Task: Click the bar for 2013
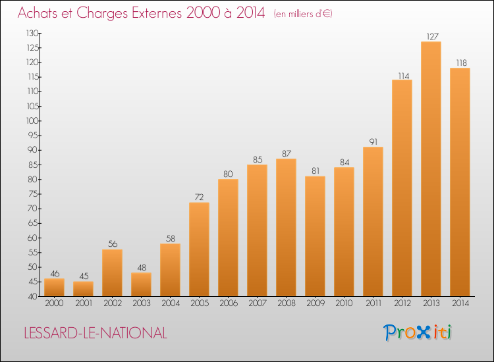[431, 168]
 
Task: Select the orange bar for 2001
[83, 289]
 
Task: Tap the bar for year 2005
[199, 249]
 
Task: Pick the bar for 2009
[315, 236]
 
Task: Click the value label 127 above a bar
[432, 36]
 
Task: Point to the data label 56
[113, 244]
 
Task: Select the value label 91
[373, 142]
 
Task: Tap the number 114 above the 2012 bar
[404, 76]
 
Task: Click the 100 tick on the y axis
[32, 121]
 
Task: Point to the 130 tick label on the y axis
[32, 33]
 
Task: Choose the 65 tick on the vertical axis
[33, 223]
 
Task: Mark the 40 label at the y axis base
[33, 297]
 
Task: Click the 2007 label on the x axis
[258, 303]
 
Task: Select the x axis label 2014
[460, 303]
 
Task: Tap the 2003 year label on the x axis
[142, 303]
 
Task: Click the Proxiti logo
[418, 332]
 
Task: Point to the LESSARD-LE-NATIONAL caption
[96, 333]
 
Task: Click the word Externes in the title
[156, 13]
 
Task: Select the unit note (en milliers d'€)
[303, 14]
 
